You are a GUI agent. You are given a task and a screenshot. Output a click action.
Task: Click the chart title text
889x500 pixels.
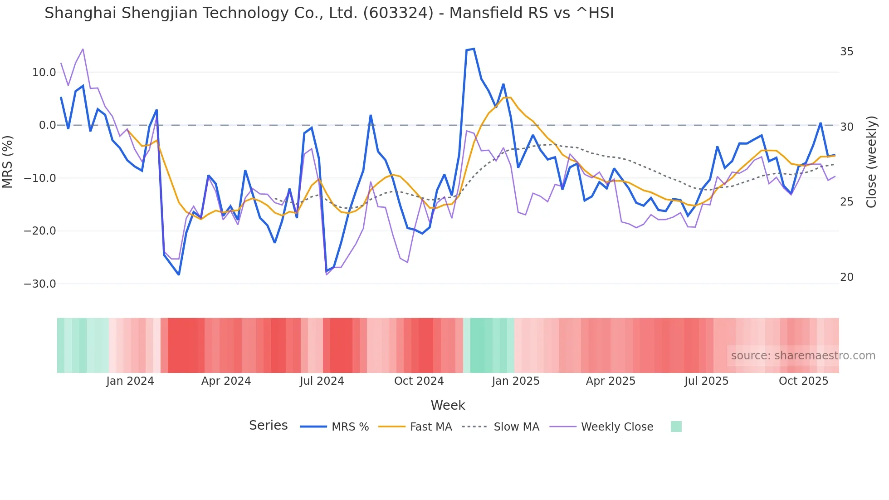329,13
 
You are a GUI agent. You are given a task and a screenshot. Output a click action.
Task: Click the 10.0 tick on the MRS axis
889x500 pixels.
44,73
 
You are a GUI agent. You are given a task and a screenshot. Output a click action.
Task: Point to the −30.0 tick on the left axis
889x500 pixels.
40,284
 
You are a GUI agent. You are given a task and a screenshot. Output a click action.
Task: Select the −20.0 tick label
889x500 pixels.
40,231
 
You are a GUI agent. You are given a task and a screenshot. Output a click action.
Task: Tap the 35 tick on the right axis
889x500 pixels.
846,52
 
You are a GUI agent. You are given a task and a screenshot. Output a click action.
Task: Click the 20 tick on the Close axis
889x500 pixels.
846,277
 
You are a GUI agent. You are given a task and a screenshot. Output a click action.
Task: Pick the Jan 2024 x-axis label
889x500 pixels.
130,381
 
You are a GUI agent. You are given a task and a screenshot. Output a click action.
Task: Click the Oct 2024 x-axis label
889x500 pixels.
419,381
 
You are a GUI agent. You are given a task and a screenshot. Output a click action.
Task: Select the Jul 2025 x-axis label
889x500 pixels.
706,381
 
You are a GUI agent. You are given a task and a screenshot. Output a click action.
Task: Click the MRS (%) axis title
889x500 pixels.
8,162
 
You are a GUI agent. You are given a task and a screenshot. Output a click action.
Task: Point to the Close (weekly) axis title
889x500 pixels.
871,162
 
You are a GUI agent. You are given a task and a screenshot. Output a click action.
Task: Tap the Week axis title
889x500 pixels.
448,405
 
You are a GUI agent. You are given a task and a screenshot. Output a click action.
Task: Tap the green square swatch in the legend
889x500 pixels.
676,426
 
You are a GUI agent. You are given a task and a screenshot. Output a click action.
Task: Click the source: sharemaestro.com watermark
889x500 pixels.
803,356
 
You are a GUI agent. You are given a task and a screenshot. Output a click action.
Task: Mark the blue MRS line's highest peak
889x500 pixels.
474,49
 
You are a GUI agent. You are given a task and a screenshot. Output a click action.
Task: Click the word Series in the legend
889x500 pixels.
268,426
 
